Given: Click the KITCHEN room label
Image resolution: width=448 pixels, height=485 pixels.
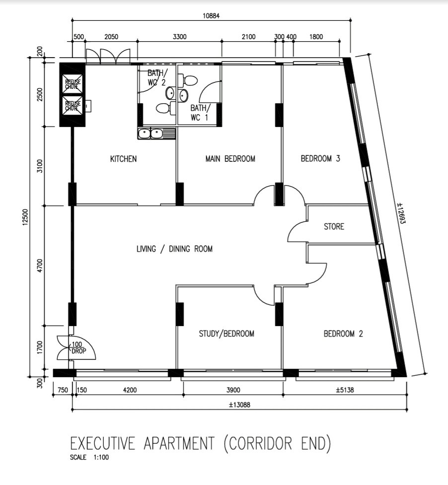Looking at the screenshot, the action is click(123, 159).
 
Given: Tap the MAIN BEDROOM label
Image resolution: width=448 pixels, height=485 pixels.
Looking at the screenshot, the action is click(230, 159).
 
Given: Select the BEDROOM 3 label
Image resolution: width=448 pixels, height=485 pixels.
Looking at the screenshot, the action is click(320, 158).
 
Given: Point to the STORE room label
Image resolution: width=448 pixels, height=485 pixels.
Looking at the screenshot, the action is click(334, 226).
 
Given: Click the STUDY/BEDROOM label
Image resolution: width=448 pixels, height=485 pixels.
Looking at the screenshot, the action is click(226, 334).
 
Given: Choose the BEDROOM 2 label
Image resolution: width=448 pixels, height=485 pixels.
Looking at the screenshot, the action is click(343, 334).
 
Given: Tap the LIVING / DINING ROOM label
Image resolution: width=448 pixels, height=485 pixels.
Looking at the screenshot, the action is click(174, 249).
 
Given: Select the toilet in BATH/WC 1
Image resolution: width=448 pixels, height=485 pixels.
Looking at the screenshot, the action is click(188, 80).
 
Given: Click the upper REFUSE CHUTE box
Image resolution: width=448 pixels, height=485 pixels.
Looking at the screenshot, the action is click(73, 83).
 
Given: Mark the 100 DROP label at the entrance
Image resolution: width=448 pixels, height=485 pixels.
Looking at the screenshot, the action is click(78, 347).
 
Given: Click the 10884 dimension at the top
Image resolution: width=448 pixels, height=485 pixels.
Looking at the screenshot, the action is click(211, 15).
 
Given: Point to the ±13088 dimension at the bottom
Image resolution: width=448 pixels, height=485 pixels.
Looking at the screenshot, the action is click(239, 405).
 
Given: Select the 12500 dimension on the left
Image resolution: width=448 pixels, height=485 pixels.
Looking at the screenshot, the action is click(25, 217).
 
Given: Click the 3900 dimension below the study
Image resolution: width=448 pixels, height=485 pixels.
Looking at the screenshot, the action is click(233, 390).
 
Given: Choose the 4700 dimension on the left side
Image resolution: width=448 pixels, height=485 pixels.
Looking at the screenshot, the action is click(40, 266).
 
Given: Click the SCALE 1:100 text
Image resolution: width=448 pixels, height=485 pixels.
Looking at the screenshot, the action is click(89, 457).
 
